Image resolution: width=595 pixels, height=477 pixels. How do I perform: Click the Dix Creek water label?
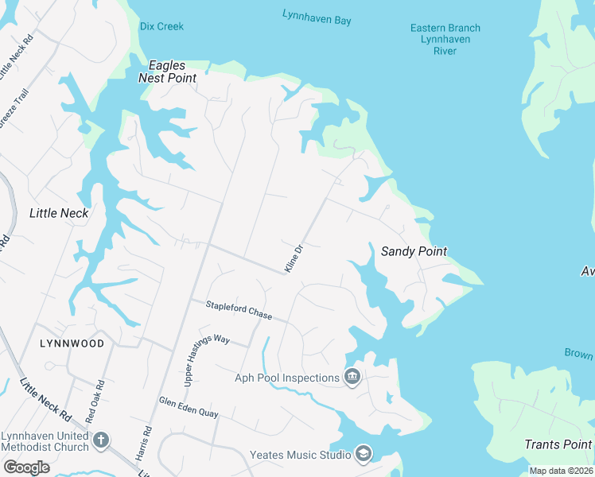[161, 26]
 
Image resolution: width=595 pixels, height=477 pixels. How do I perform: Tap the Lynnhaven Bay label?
[317, 17]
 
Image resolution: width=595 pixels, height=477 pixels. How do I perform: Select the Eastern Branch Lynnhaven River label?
[445, 39]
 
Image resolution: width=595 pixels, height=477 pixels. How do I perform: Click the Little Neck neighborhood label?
[59, 213]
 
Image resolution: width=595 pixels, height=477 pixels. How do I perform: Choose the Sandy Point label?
[414, 251]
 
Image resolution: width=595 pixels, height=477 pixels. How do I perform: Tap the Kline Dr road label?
[294, 258]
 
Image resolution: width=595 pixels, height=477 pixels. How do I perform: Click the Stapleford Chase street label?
[239, 309]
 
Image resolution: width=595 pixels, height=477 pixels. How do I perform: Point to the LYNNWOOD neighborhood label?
[72, 343]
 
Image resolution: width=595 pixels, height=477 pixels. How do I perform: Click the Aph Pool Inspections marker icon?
[352, 377]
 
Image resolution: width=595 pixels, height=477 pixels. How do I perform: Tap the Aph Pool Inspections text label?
[287, 378]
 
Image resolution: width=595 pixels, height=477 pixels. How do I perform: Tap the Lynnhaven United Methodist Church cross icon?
[100, 440]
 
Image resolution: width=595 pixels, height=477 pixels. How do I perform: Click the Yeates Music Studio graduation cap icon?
[364, 454]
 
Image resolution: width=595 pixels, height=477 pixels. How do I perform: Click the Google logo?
[26, 467]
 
